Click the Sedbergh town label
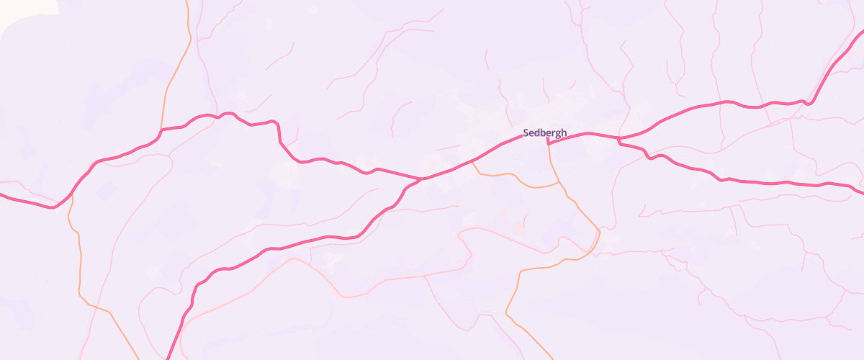(x=545, y=132)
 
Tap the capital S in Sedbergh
(x=526, y=132)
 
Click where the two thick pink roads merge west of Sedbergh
(x=422, y=178)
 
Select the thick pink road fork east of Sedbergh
(x=619, y=138)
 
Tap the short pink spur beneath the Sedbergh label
(x=548, y=140)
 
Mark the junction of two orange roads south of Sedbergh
(x=559, y=184)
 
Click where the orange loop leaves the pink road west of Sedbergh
(x=473, y=161)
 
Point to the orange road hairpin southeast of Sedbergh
(x=598, y=233)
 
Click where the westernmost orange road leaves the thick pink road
(x=70, y=196)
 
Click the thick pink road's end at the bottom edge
(x=167, y=358)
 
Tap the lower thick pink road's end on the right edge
(x=862, y=192)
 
